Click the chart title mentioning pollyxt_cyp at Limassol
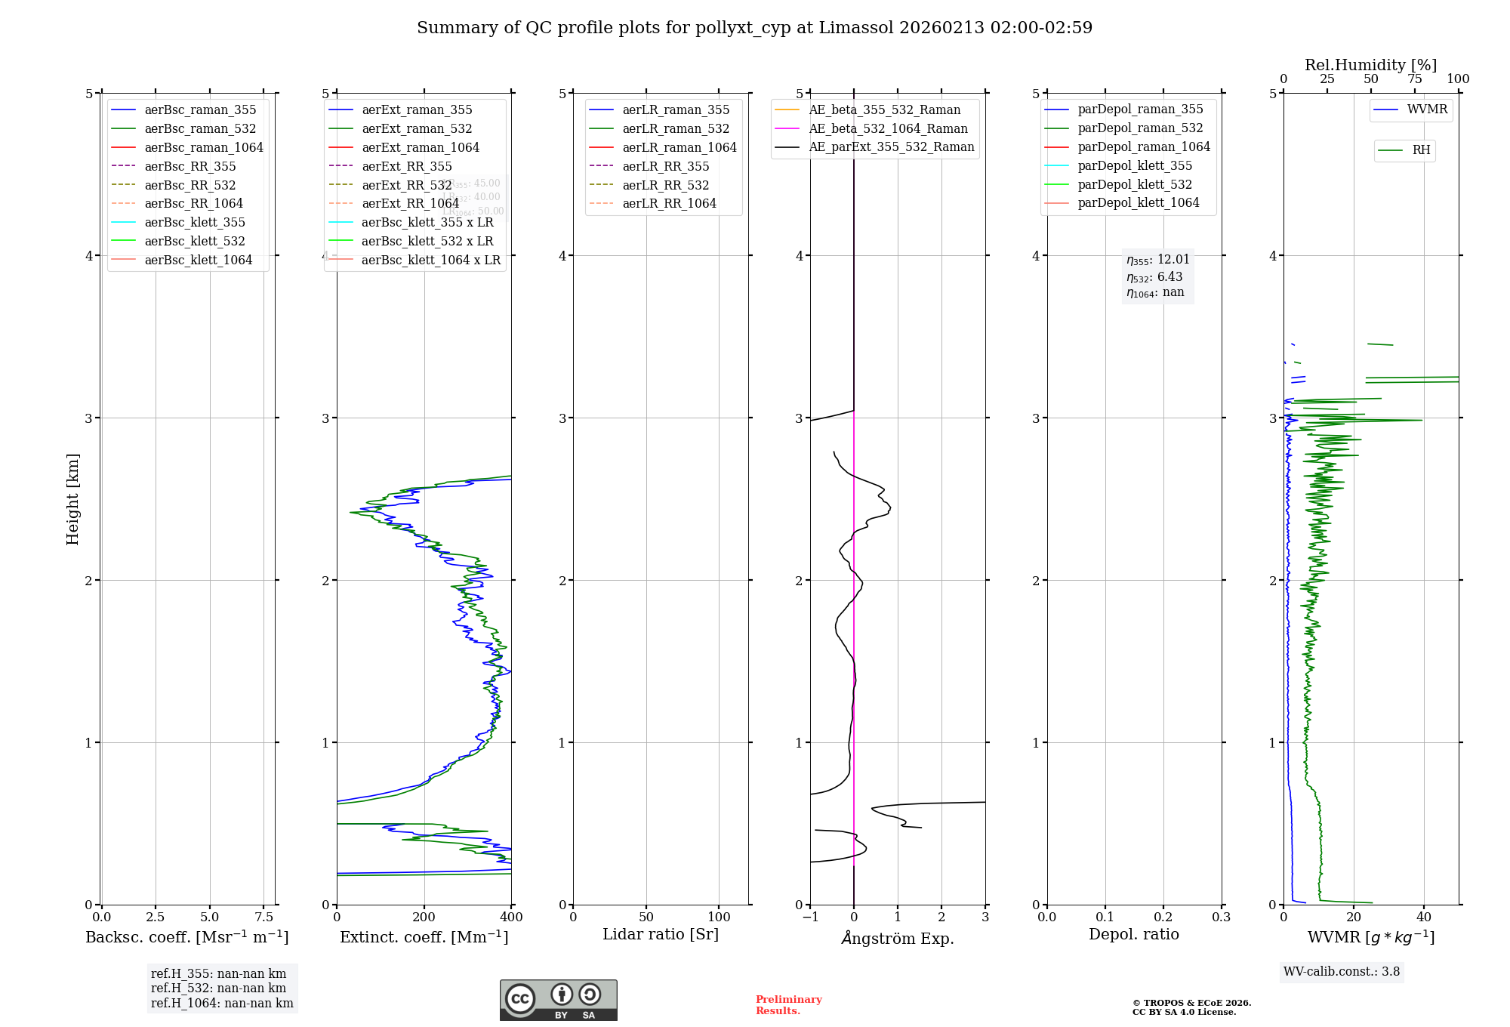click(x=754, y=28)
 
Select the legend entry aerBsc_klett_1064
click(x=198, y=260)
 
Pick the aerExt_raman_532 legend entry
click(x=417, y=128)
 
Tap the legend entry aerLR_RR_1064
click(x=669, y=203)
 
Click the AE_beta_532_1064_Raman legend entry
click(x=888, y=128)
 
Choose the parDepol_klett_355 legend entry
click(x=1135, y=165)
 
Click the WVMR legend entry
click(x=1427, y=109)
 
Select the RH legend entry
click(x=1421, y=150)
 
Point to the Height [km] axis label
click(x=72, y=499)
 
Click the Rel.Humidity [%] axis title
click(x=1370, y=65)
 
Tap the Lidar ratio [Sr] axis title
click(x=661, y=934)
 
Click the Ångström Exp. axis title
click(x=898, y=938)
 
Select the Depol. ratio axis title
click(x=1133, y=934)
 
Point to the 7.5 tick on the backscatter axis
click(x=263, y=917)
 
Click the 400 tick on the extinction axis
click(x=511, y=917)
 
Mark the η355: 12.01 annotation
click(x=1158, y=260)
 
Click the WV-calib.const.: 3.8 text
click(x=1342, y=971)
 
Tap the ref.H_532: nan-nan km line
click(x=218, y=988)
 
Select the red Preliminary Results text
click(x=788, y=1004)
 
